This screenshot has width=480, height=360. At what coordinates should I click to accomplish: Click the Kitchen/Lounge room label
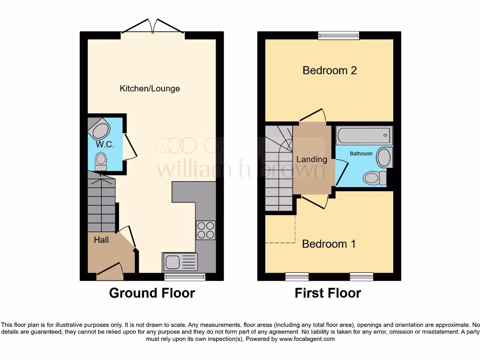pyautogui.click(x=150, y=89)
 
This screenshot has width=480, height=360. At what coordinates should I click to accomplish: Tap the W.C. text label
pyautogui.click(x=105, y=144)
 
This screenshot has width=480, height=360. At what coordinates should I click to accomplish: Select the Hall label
pyautogui.click(x=101, y=240)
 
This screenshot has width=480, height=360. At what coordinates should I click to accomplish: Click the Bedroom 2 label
pyautogui.click(x=330, y=70)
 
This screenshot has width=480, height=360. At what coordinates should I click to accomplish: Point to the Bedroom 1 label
pyautogui.click(x=329, y=244)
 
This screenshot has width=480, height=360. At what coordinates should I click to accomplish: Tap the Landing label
pyautogui.click(x=311, y=159)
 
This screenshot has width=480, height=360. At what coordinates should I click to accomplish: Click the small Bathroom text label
pyautogui.click(x=361, y=154)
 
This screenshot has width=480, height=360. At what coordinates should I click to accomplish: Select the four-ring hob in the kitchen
pyautogui.click(x=205, y=230)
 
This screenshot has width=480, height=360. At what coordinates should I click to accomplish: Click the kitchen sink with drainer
pyautogui.click(x=180, y=261)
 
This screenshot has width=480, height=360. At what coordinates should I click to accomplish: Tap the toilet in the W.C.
pyautogui.click(x=100, y=161)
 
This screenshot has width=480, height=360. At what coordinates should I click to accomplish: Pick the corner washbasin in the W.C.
pyautogui.click(x=99, y=128)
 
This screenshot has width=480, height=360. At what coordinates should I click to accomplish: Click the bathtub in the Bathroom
pyautogui.click(x=364, y=135)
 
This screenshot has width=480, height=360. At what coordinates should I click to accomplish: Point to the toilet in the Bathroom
pyautogui.click(x=374, y=178)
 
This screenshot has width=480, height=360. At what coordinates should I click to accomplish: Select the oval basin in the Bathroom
pyautogui.click(x=384, y=157)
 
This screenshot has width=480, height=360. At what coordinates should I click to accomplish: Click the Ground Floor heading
pyautogui.click(x=152, y=293)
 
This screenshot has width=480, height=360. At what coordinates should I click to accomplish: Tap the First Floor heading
pyautogui.click(x=328, y=293)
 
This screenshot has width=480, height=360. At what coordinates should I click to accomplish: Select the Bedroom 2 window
pyautogui.click(x=338, y=35)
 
